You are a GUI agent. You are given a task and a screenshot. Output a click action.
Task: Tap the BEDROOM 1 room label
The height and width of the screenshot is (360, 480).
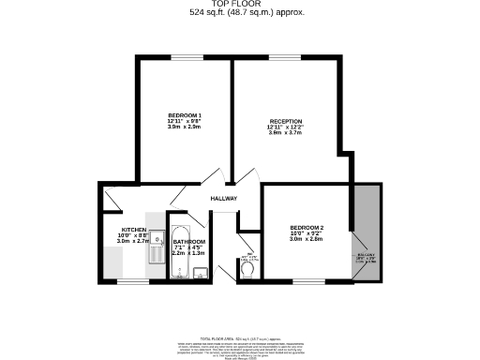pos(184,115)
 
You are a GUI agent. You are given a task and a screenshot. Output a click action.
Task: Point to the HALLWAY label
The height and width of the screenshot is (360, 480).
pos(223,199)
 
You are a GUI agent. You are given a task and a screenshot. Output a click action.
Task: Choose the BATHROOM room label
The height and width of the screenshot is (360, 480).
pos(188,243)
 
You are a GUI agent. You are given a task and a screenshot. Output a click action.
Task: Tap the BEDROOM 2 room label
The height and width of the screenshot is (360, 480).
pos(307,229)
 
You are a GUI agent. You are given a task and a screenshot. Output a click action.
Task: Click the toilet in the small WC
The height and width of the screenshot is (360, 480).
pos(248,269)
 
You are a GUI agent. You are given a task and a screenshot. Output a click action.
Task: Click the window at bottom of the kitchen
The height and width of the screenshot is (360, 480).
pos(132,280)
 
